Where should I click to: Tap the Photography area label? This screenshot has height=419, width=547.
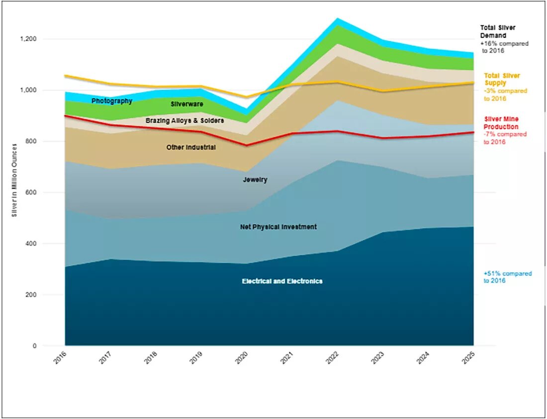click(112, 101)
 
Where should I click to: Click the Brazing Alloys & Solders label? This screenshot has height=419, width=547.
click(184, 121)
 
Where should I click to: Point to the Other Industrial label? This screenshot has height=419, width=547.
click(191, 148)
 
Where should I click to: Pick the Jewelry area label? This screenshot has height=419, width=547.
click(255, 179)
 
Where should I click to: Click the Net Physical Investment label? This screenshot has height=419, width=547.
click(278, 227)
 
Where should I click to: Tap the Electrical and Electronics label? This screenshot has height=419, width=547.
click(282, 281)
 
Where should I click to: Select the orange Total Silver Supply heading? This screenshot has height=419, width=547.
click(502, 79)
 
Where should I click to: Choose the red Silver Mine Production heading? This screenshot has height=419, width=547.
click(501, 123)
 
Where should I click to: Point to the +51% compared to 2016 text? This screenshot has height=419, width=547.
click(507, 277)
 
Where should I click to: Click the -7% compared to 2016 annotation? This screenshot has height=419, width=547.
click(505, 138)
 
